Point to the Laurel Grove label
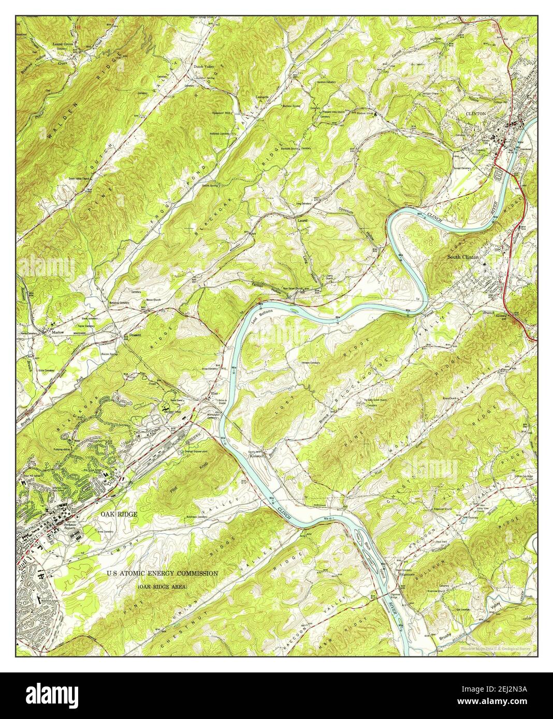tap(65, 44)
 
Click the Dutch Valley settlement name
tap(204, 67)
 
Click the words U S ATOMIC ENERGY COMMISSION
tap(162, 573)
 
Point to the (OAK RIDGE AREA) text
tap(163, 588)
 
